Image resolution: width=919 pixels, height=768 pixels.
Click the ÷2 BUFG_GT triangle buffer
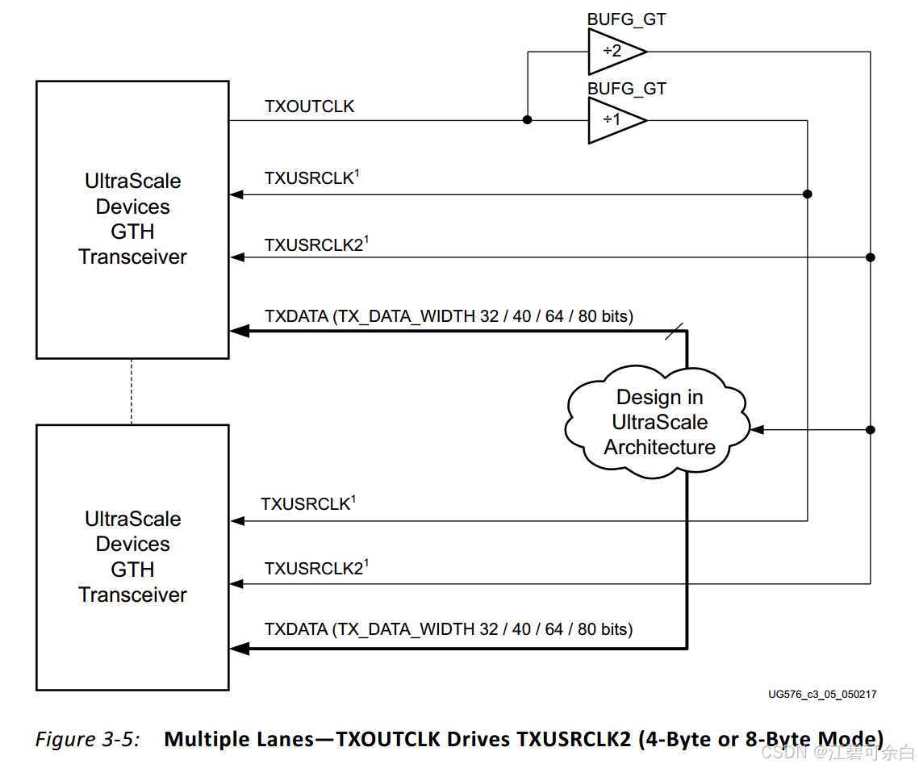(615, 52)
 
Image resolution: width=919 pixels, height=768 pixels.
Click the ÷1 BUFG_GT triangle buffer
(615, 120)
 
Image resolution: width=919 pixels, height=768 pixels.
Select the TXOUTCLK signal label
(309, 106)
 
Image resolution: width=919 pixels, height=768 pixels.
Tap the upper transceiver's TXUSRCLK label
(309, 178)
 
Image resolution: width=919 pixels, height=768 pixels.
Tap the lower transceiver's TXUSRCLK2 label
(314, 569)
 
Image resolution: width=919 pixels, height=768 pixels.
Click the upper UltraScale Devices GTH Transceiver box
(132, 219)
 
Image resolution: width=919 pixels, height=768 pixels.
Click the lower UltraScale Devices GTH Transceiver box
(132, 557)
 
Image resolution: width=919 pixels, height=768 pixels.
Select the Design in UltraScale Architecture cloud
(659, 422)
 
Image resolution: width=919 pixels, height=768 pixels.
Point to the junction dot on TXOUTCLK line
(527, 120)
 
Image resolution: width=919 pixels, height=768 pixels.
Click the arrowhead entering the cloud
(758, 430)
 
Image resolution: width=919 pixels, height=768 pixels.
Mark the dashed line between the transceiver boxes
(132, 391)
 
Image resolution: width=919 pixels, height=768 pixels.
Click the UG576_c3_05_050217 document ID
(822, 694)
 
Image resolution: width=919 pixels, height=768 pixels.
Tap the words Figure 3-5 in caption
(87, 739)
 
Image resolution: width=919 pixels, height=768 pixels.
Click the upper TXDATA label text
(449, 316)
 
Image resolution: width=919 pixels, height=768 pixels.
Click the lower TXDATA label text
(449, 629)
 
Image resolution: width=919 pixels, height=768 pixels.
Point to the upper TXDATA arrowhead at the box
(239, 331)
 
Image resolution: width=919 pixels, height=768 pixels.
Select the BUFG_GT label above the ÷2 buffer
(626, 19)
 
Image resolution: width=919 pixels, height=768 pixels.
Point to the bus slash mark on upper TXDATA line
(675, 331)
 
